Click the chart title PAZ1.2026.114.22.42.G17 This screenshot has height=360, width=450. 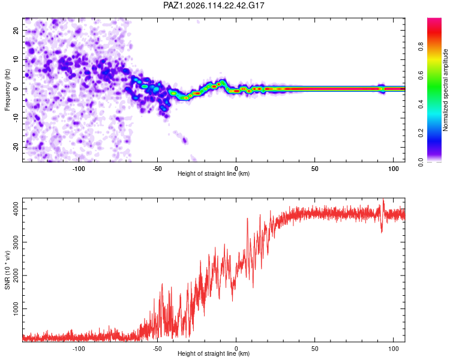214,5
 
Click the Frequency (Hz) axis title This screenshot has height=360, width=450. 7,90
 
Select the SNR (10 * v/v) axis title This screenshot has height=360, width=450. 7,270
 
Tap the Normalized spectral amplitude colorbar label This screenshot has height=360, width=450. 445,90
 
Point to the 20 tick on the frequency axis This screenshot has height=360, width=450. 16,30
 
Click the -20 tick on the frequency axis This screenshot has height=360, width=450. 16,147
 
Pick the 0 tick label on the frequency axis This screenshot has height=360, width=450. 16,89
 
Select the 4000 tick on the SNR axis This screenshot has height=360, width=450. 16,209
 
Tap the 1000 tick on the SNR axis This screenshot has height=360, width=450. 16,308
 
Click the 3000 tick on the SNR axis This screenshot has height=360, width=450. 16,242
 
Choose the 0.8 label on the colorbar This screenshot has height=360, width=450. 421,46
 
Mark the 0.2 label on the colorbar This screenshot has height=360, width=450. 421,133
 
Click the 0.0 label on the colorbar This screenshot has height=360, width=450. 421,162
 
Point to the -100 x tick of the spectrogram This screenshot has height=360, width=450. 79,169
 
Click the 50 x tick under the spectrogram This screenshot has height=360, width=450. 315,169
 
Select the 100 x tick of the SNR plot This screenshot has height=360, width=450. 394,349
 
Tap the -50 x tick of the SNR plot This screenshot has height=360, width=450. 157,349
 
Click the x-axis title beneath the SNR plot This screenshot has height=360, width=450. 214,353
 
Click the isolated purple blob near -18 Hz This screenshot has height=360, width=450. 185,140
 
